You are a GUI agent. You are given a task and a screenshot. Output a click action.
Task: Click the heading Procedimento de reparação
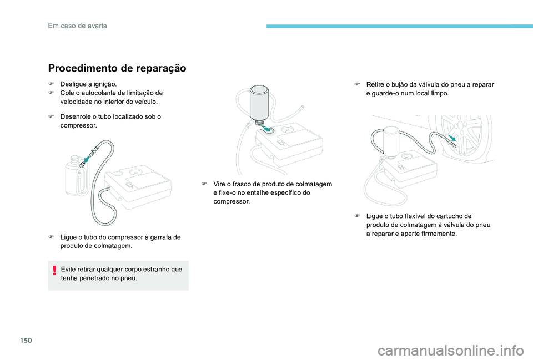117,68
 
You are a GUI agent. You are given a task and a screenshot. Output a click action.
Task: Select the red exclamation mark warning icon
54,271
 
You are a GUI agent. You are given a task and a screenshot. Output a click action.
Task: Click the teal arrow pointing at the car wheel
455,137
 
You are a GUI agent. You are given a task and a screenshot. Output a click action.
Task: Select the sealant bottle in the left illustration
76,178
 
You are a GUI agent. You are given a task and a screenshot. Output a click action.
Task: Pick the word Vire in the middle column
220,184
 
